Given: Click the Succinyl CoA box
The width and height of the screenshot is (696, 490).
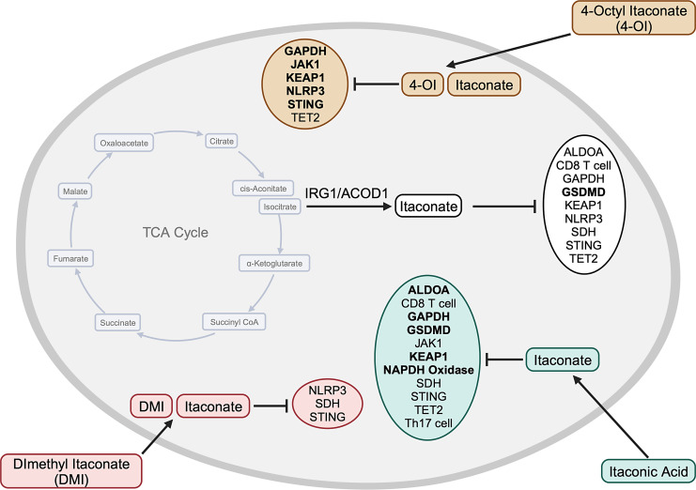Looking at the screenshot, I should [x=231, y=322].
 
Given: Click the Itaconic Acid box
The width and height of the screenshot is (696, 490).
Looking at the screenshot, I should [x=646, y=467].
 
